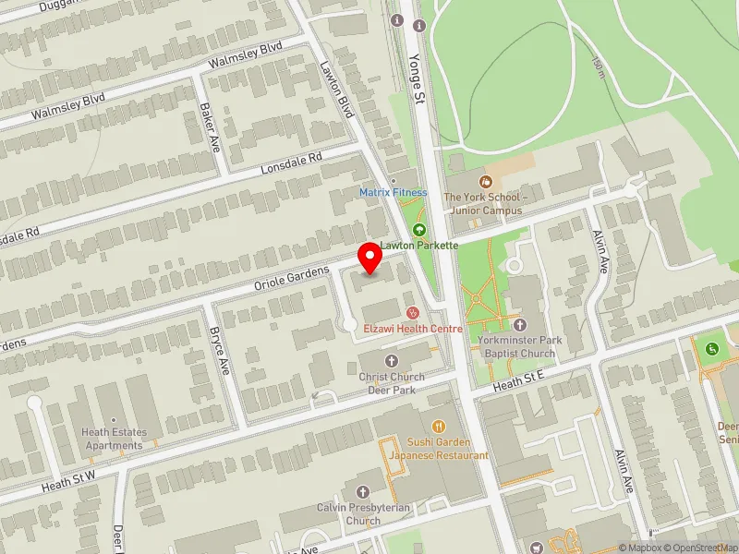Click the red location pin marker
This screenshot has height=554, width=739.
370,258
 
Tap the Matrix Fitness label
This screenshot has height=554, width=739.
394,192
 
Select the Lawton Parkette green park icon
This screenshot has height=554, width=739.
419,230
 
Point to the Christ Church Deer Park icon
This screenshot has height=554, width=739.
391,360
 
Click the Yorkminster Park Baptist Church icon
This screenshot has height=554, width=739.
519,325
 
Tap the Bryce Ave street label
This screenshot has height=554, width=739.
218,350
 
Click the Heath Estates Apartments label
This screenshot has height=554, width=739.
113,439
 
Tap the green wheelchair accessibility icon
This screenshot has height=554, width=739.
712,349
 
